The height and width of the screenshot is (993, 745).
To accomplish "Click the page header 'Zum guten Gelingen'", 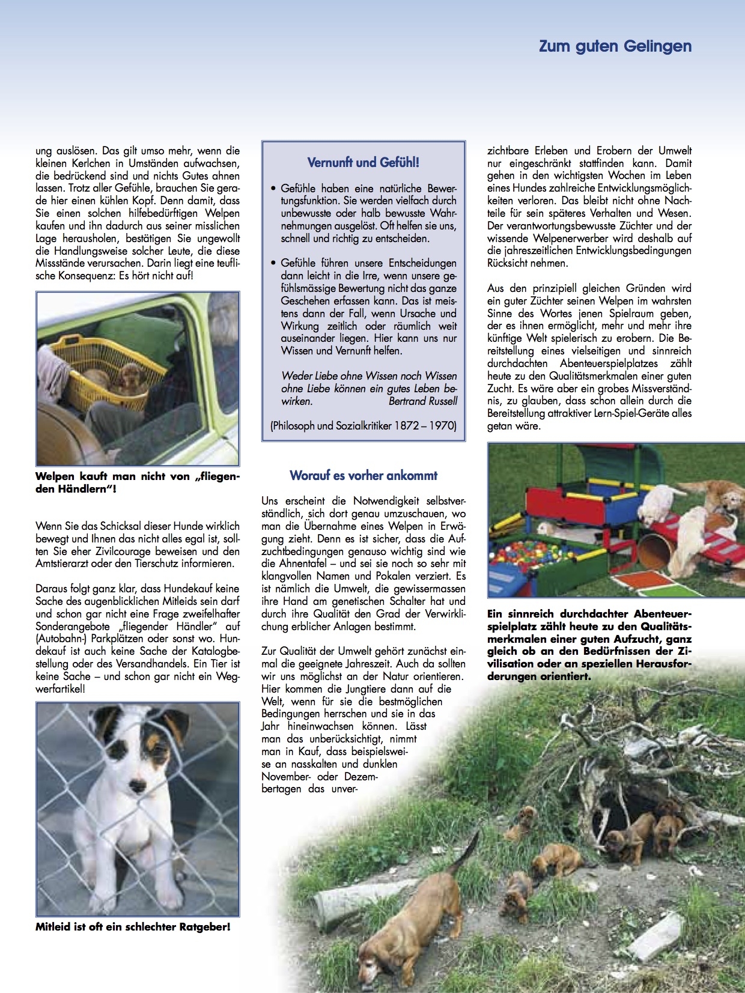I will pyautogui.click(x=615, y=46).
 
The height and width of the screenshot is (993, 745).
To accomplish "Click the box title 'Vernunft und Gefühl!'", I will pyautogui.click(x=363, y=162).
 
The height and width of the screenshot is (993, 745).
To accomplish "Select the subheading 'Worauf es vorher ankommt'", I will pyautogui.click(x=363, y=475).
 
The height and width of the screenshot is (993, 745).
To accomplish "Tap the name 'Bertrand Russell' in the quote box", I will pyautogui.click(x=422, y=401).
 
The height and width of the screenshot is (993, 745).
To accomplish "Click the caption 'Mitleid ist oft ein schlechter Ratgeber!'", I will pyautogui.click(x=133, y=926).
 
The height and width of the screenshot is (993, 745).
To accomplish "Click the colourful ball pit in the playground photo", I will pyautogui.click(x=529, y=553).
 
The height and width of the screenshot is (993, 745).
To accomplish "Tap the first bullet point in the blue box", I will pyautogui.click(x=273, y=188).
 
